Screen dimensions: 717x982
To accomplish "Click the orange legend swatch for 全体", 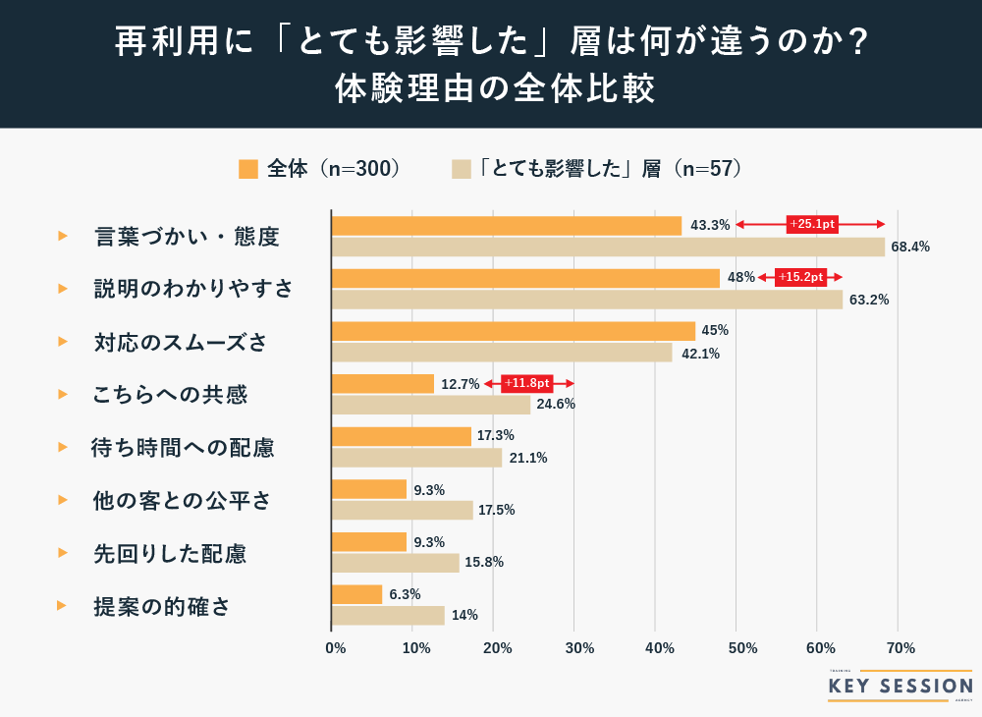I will point(248,168).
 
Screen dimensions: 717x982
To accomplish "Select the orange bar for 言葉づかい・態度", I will point(507,225).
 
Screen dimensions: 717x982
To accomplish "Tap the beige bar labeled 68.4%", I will point(608,247).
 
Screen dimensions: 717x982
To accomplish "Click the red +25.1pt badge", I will point(812,225).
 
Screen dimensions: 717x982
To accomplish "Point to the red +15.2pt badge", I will point(801,277).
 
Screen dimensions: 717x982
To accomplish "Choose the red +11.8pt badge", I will point(527,383).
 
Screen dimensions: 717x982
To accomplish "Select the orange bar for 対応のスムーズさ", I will point(514,331).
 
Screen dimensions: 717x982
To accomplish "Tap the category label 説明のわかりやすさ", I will point(193,289).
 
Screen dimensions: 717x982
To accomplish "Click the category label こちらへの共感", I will point(170,395).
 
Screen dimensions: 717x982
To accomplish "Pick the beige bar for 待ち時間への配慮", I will point(417,458).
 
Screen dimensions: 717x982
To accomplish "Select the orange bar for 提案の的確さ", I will point(357,594).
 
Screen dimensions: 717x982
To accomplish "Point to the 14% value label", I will point(465,616).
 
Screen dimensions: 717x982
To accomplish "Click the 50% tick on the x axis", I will point(739,648).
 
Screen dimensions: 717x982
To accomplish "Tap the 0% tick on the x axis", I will point(335,648).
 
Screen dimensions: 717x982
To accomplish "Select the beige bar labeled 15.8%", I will point(396,563).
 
